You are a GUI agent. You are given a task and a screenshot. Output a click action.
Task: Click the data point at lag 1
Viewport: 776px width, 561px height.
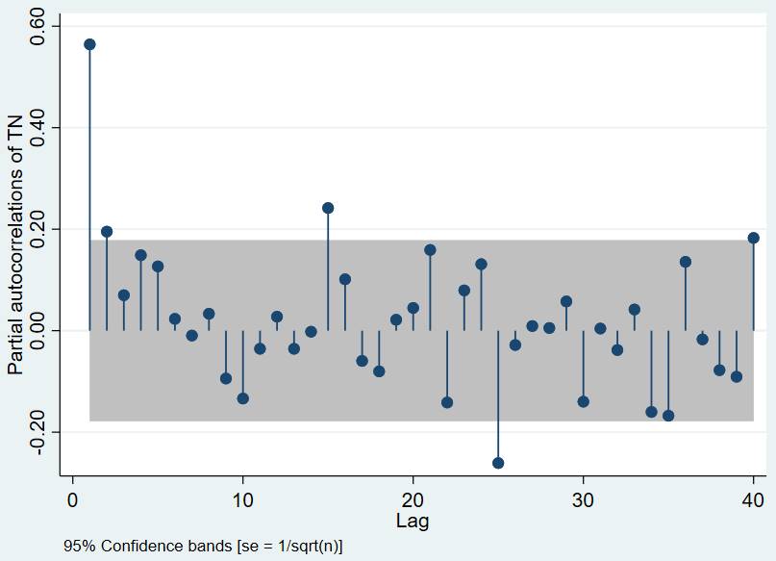coord(89,44)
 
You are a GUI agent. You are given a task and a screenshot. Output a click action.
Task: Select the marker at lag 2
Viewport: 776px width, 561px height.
coord(107,232)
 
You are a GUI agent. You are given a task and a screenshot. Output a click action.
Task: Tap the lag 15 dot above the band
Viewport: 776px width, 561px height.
coord(328,208)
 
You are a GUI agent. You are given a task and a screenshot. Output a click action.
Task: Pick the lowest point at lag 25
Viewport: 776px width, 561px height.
coord(498,463)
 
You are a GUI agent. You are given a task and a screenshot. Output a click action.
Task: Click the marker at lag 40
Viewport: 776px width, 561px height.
coord(753,238)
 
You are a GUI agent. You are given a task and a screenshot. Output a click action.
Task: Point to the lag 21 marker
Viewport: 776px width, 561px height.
coord(430,250)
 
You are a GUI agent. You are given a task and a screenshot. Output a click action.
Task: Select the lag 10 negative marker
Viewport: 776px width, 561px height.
coord(242,398)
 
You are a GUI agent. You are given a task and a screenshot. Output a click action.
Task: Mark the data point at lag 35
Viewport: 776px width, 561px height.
coord(668,416)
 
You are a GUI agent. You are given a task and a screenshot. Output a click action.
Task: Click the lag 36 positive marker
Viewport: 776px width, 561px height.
coord(686,262)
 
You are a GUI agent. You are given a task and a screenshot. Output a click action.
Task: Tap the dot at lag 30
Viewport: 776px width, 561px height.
coord(583,401)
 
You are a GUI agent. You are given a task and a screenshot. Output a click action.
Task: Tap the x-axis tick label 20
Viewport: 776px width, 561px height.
coord(413,500)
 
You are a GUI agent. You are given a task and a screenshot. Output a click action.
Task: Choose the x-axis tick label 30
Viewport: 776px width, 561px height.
coord(583,500)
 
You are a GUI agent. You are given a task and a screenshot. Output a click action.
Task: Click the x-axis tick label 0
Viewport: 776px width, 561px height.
coord(72,500)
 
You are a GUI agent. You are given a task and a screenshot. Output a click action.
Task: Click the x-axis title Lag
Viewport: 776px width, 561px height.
coord(413,522)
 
